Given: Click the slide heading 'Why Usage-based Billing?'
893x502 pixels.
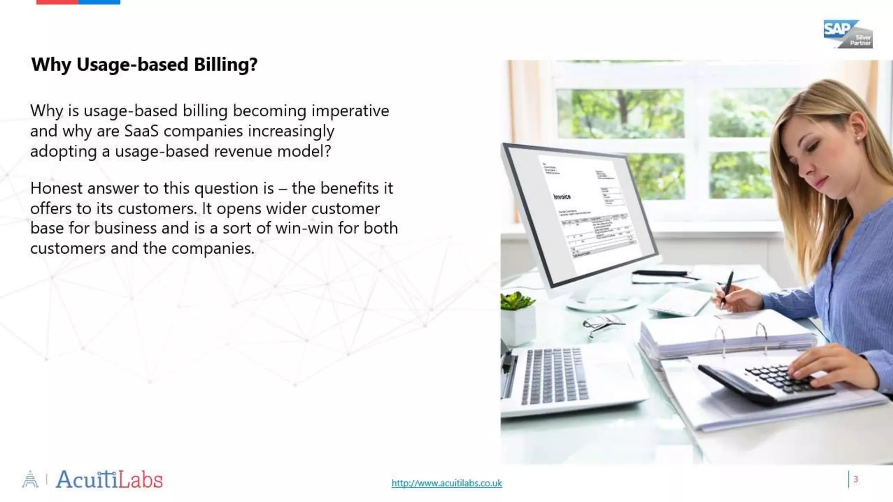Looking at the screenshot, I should click(144, 64).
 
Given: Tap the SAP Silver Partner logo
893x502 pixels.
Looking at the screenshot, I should click(847, 34).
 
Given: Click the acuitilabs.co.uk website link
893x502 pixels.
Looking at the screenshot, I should click(446, 483).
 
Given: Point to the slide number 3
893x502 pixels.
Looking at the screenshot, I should click(856, 479).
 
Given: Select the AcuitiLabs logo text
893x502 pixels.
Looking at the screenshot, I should click(109, 480).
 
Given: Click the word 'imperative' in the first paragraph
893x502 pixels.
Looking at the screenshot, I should click(350, 111).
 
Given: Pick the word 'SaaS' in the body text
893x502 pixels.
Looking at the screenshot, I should click(141, 131).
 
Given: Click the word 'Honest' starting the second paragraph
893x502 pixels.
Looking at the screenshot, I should click(56, 188).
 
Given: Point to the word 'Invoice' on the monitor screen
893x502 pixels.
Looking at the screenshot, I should click(562, 197).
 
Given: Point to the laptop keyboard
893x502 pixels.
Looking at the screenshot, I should click(554, 376).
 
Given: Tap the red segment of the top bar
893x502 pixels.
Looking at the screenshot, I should click(57, 2).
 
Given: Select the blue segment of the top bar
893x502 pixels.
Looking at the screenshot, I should click(99, 2).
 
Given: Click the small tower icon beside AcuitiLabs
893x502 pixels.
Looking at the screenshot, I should click(30, 479).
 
